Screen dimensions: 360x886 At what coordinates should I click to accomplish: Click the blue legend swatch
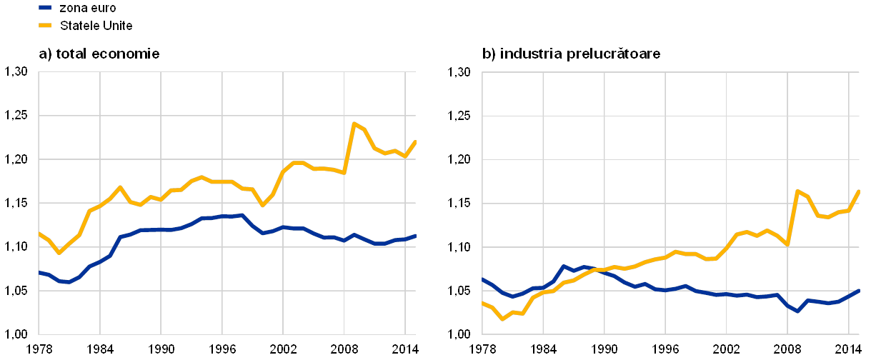tap(45, 8)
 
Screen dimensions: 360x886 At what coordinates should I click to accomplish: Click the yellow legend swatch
tap(45, 26)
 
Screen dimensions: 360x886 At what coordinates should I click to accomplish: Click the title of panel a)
tap(99, 54)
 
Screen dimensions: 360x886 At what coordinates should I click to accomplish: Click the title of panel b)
tap(572, 54)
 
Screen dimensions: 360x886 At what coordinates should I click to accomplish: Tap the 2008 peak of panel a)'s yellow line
tap(354, 124)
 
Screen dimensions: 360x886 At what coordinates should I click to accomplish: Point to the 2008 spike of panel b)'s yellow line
tap(797, 191)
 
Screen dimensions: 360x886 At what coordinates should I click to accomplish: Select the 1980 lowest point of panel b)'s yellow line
tap(502, 319)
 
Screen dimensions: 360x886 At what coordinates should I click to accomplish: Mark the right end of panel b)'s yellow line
tap(859, 191)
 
